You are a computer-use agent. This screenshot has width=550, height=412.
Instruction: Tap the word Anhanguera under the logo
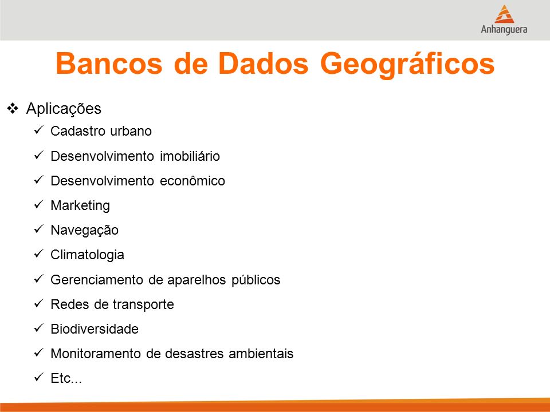click(x=504, y=29)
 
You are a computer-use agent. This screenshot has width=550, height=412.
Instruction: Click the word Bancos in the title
click(x=109, y=64)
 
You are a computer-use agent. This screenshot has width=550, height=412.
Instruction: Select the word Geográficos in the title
click(x=407, y=65)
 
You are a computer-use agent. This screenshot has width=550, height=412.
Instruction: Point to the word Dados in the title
click(x=263, y=64)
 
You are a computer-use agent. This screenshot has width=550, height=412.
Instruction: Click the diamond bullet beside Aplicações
click(x=13, y=108)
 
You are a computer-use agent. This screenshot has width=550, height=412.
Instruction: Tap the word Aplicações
click(x=64, y=109)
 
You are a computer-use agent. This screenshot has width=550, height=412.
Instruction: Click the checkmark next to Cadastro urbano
click(x=38, y=130)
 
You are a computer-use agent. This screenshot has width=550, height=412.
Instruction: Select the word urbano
click(x=131, y=131)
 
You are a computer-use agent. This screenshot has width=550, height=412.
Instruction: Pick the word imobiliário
click(x=190, y=156)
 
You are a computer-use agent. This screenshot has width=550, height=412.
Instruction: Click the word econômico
click(x=192, y=181)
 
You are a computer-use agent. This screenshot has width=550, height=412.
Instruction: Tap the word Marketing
click(x=80, y=205)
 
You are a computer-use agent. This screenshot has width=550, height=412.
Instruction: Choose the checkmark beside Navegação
click(x=38, y=229)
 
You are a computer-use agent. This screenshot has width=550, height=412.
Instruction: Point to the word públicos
click(x=256, y=280)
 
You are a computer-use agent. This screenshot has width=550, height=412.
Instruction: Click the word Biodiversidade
click(x=95, y=329)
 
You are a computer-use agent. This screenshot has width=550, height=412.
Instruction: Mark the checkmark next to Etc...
click(x=38, y=377)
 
